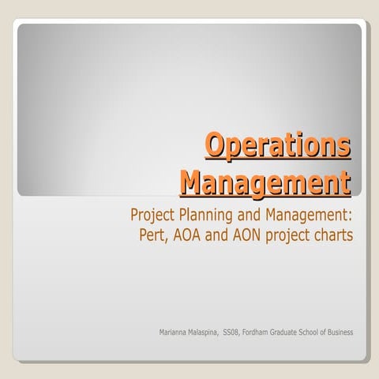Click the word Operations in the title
pos(277,147)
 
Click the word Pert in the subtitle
pos(152,235)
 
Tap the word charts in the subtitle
pos(331,235)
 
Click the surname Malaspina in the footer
pos(205,332)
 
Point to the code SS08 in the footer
pos(233,332)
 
